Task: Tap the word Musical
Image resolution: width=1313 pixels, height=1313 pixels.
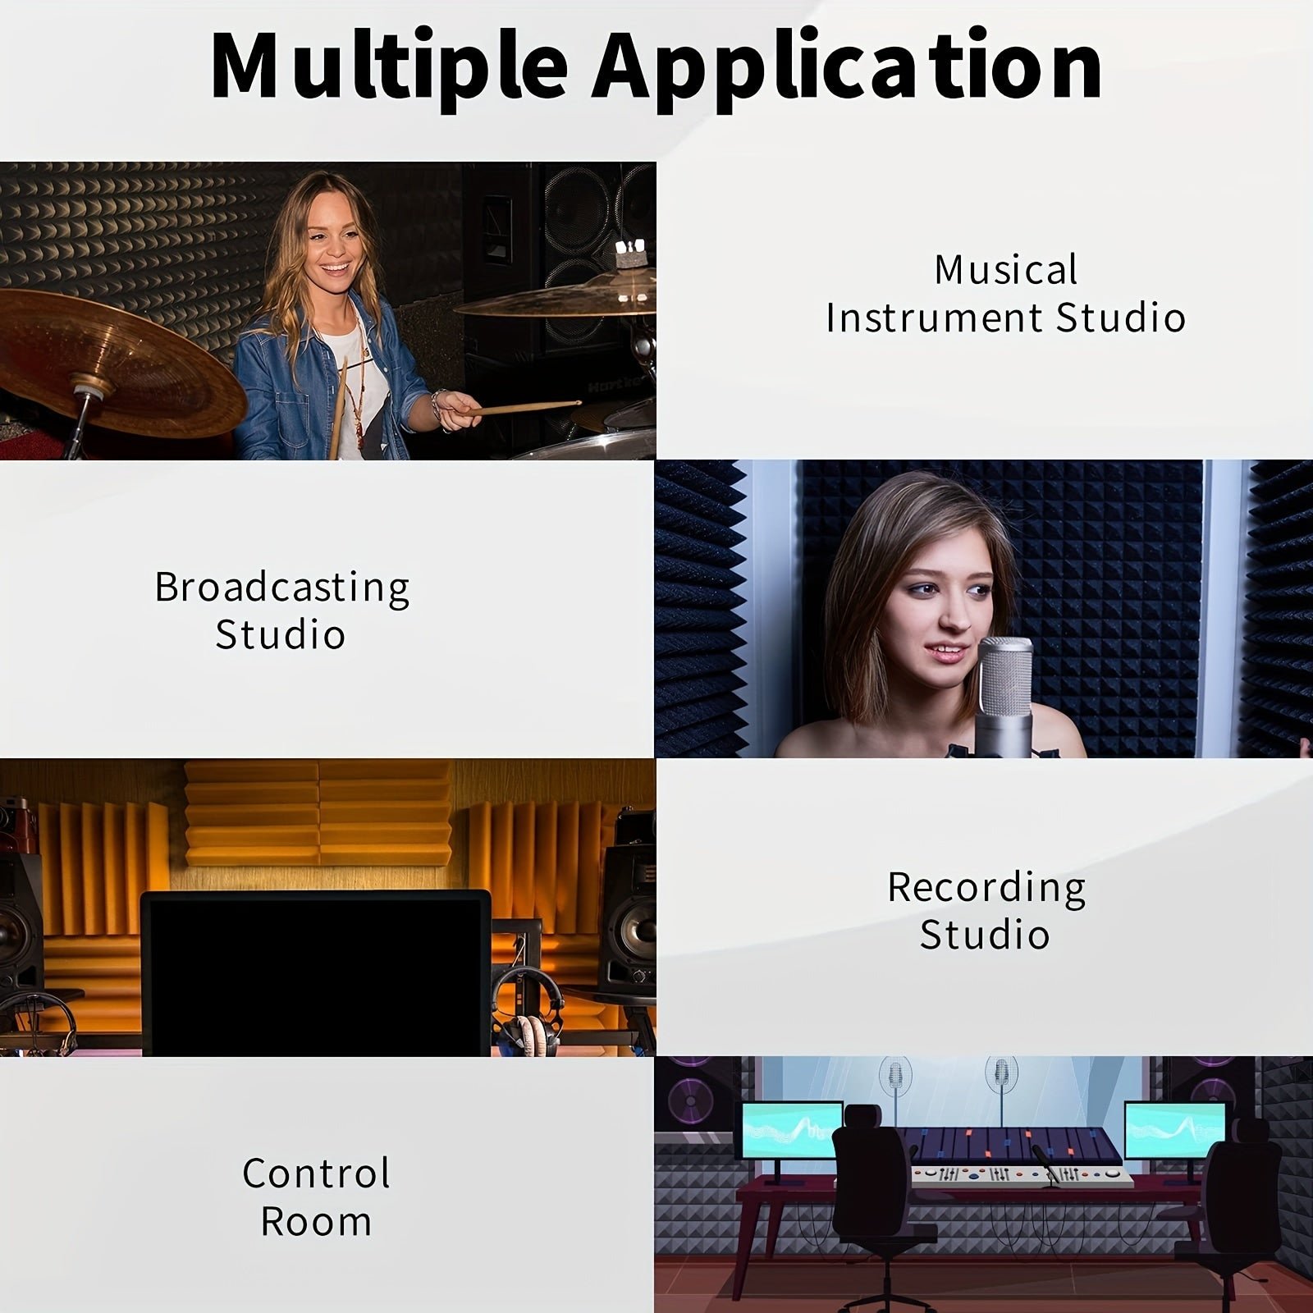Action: click(1006, 270)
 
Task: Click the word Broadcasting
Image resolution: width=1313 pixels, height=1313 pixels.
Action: click(282, 588)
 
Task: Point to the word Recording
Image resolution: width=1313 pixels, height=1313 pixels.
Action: click(986, 888)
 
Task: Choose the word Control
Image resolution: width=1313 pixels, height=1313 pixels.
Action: click(316, 1173)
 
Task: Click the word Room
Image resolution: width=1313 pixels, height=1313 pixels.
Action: click(316, 1221)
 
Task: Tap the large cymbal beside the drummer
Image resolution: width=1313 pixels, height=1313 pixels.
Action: click(115, 361)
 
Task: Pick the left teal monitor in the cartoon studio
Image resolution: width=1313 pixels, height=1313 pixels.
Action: click(792, 1130)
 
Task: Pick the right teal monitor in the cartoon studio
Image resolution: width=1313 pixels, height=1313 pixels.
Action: click(1175, 1130)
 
